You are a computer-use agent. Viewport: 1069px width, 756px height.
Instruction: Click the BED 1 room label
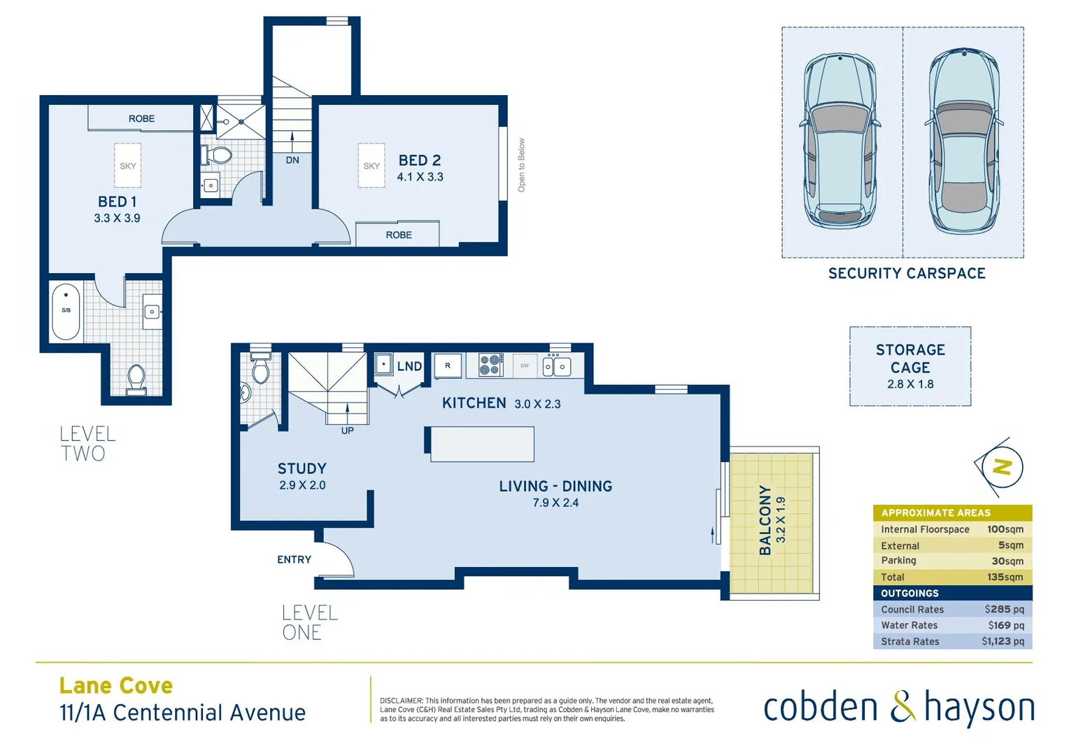(x=117, y=202)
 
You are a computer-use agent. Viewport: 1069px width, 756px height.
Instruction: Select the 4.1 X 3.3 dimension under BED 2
(x=420, y=177)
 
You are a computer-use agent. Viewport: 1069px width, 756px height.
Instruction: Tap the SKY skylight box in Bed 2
(x=371, y=166)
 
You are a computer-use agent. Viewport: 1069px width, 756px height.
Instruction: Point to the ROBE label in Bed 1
(x=141, y=119)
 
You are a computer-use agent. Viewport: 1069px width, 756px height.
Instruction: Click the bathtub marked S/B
(x=66, y=311)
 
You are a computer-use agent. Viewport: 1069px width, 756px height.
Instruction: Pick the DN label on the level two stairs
(x=292, y=160)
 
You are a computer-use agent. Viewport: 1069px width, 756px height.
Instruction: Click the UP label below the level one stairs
(x=347, y=430)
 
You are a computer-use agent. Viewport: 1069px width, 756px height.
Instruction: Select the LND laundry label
(x=409, y=366)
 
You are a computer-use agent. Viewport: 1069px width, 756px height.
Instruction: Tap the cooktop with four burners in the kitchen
(x=491, y=365)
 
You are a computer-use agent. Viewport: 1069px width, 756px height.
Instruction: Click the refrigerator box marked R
(x=448, y=365)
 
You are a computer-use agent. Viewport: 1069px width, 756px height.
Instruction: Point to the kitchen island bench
(x=482, y=444)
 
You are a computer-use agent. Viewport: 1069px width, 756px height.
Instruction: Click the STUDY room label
(x=302, y=469)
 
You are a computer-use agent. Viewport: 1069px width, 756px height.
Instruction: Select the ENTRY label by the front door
(x=294, y=559)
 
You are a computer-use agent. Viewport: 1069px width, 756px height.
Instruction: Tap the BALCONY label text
(x=765, y=520)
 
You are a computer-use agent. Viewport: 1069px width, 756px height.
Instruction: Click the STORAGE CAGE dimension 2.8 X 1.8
(x=910, y=384)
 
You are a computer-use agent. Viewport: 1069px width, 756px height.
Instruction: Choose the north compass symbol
(x=1002, y=467)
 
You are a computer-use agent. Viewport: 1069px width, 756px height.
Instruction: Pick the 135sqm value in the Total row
(x=1005, y=577)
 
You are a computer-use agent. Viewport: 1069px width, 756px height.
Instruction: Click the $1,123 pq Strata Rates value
(x=1002, y=641)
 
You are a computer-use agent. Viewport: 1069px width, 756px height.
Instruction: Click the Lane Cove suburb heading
(x=116, y=685)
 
